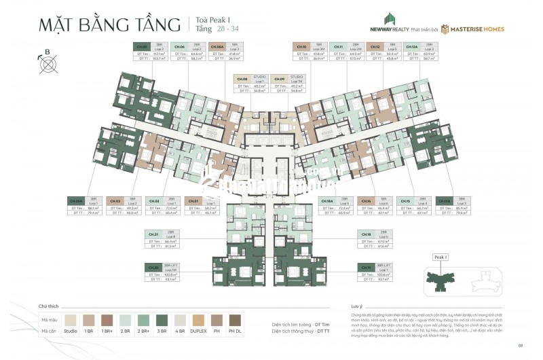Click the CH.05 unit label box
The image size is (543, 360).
pos(143,46)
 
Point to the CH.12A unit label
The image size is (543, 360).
pos(411,46)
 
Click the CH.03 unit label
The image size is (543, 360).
pos(115,201)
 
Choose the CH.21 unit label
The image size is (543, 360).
pos(154,234)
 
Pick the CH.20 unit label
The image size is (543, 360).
pos(154,267)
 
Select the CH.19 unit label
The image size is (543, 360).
pos(367,267)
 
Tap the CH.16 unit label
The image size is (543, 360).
pos(367,201)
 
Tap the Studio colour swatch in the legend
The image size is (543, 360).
pos(70,318)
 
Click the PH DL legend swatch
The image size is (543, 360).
pos(234,318)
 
